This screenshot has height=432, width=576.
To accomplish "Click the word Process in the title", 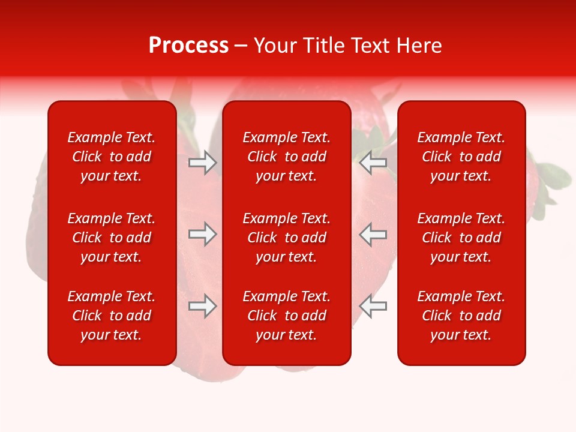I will coord(188,46).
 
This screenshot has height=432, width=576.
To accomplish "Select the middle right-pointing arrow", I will coord(202,234).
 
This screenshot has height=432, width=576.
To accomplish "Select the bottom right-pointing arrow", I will coord(202,307).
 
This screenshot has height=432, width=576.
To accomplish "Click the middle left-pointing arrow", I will coord(373,234).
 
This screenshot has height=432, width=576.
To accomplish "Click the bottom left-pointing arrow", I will coord(373,307).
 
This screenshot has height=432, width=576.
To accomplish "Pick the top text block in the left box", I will coord(112,157).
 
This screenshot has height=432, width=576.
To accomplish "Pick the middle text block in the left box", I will coord(112,238).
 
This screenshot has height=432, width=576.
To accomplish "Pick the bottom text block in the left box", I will coord(112,316).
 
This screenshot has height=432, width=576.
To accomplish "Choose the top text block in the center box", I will coord(287,157).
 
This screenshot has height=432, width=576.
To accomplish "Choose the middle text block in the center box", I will coord(287,238).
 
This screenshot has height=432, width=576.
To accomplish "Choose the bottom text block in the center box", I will coord(287,316).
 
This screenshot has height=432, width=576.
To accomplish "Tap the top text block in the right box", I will coord(461,157).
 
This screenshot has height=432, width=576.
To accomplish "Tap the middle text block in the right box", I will coord(461,238).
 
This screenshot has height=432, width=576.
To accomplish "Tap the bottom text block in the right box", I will coord(461,316).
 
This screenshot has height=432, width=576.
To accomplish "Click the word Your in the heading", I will coord(275,46).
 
